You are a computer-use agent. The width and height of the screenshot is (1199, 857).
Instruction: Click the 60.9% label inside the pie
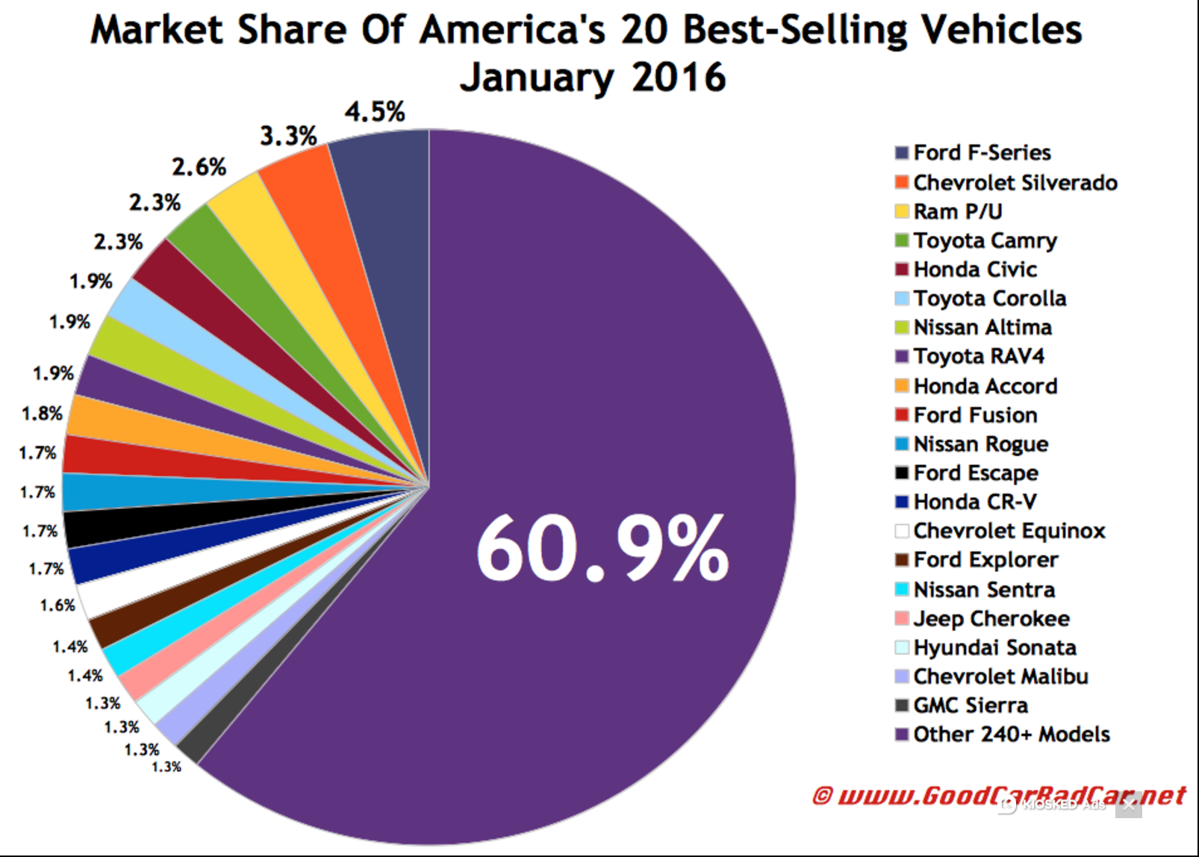click(x=602, y=549)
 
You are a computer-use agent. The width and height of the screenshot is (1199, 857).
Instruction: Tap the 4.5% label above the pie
click(x=375, y=112)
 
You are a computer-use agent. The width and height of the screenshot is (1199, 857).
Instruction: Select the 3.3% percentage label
click(x=288, y=136)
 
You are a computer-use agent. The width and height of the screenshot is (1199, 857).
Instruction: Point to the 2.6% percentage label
click(x=199, y=166)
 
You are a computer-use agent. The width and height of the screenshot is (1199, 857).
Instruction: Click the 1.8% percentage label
click(x=42, y=413)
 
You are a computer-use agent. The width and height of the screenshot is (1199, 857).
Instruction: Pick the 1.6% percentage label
click(x=57, y=605)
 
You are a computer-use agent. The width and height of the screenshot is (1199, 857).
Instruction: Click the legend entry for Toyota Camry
click(x=985, y=240)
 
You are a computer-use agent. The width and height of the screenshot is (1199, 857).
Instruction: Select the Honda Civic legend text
click(x=975, y=269)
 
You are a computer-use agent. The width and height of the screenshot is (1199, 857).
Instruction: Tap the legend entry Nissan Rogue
click(x=980, y=444)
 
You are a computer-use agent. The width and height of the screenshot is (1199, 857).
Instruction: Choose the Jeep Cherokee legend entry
click(x=991, y=619)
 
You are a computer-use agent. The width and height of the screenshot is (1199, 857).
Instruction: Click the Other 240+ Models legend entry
click(x=1011, y=735)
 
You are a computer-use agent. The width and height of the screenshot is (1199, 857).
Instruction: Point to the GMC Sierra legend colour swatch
click(x=902, y=705)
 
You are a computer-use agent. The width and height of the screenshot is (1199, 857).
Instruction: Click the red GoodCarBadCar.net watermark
click(x=1000, y=796)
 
